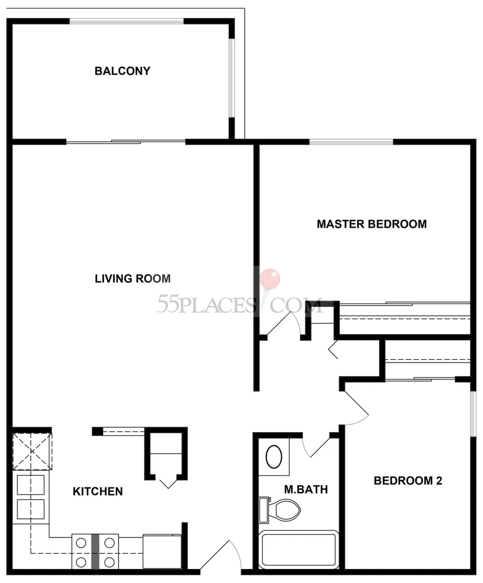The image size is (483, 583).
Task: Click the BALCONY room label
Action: click(x=122, y=71)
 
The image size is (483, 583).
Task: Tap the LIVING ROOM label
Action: click(x=133, y=278)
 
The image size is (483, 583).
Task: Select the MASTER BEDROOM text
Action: click(x=372, y=224)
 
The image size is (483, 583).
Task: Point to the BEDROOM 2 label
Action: click(x=408, y=480)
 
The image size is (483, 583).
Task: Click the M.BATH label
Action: click(x=306, y=489)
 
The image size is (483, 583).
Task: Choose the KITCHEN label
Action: click(x=98, y=491)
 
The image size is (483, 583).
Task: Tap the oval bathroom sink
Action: click(x=274, y=457)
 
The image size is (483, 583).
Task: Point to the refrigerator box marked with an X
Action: click(x=32, y=451)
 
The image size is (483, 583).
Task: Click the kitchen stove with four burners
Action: click(x=95, y=552)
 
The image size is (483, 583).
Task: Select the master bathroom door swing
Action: click(x=316, y=445)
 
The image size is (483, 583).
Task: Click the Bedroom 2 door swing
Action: click(x=356, y=406)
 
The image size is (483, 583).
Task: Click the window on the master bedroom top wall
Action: click(x=350, y=142)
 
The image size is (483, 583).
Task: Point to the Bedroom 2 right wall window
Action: click(x=473, y=413)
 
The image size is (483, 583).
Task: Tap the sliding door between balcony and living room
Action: click(x=126, y=142)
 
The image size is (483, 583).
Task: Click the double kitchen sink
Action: click(x=31, y=497)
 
